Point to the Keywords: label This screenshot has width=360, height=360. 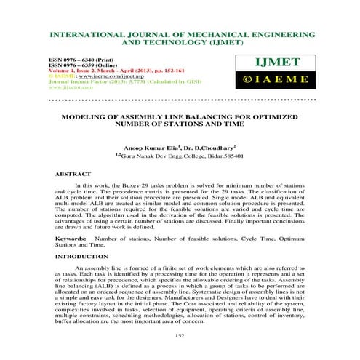click(x=71, y=237)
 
